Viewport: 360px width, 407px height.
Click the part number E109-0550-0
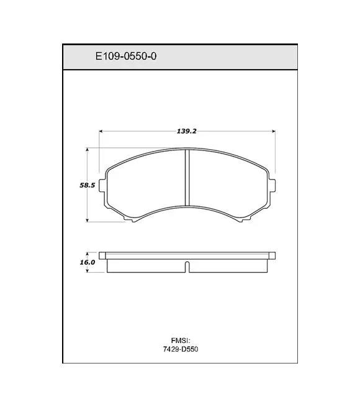pyautogui.click(x=126, y=56)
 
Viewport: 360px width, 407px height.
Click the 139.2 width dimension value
pyautogui.click(x=186, y=131)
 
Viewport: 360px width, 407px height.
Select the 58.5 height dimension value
pyautogui.click(x=87, y=185)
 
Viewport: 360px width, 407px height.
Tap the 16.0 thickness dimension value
pyautogui.click(x=87, y=262)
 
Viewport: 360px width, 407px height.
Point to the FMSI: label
pyautogui.click(x=181, y=341)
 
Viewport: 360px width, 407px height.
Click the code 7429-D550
pyautogui.click(x=181, y=349)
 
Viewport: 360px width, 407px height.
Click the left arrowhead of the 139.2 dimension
pyautogui.click(x=101, y=131)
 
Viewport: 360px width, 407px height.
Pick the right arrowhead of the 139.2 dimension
pyautogui.click(x=273, y=131)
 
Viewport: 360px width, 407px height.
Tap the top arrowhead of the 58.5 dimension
pyautogui.click(x=88, y=150)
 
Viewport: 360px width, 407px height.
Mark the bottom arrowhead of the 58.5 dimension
pyautogui.click(x=88, y=220)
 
